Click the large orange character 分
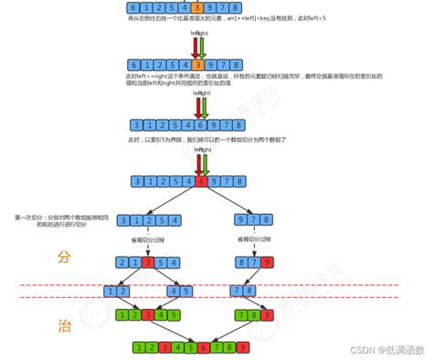(63, 257)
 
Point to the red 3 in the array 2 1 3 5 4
(146, 263)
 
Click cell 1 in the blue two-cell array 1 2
(109, 291)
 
